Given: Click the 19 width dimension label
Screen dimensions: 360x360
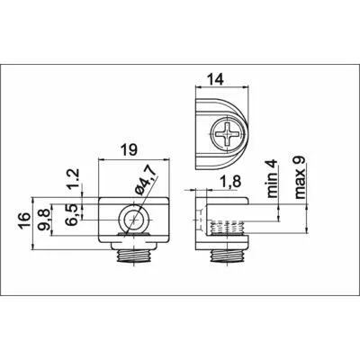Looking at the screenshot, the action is coord(130,149).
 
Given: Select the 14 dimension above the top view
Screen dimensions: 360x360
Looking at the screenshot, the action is coord(215,80).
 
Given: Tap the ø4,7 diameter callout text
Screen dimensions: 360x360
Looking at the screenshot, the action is coord(145,180).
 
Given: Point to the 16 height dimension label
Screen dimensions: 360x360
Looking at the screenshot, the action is coord(25,220).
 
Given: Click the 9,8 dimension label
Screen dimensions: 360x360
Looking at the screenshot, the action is coord(44,220).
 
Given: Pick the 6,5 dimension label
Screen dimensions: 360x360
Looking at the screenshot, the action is coord(74,214).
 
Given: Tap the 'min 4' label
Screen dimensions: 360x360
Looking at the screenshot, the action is coord(273,179).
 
